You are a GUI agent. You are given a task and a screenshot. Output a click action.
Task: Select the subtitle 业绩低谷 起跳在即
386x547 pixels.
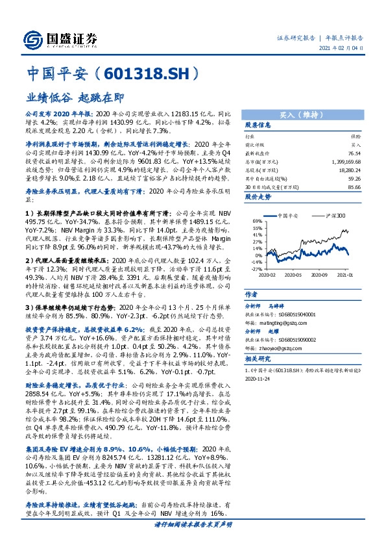(74, 96)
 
